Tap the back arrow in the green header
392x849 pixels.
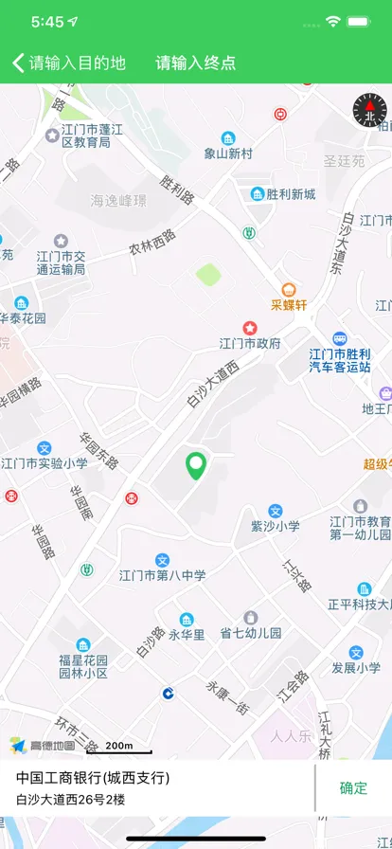(x=18, y=63)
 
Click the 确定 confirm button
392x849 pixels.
(x=353, y=787)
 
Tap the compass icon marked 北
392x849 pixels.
(x=370, y=111)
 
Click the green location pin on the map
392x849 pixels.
(x=196, y=465)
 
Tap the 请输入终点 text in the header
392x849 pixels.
(x=196, y=63)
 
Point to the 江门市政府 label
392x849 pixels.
(x=250, y=343)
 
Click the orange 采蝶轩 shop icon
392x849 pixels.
(x=289, y=289)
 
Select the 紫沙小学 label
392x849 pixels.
(x=275, y=526)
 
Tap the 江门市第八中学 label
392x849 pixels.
(x=162, y=575)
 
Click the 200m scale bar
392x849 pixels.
(x=119, y=748)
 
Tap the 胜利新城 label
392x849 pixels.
(x=290, y=194)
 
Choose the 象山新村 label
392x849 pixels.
(x=228, y=153)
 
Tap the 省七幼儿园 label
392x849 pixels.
(x=250, y=633)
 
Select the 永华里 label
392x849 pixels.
(x=187, y=634)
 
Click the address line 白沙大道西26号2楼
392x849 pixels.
(x=70, y=800)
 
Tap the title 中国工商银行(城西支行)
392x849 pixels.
(x=93, y=778)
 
